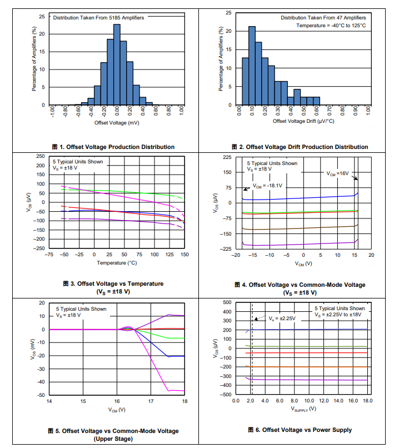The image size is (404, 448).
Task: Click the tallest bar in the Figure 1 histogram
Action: pyautogui.click(x=117, y=64)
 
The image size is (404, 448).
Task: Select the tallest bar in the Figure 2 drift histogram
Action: pyautogui.click(x=252, y=66)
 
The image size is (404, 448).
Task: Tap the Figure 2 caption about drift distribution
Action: pyautogui.click(x=303, y=147)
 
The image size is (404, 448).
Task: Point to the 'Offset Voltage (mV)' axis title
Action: pyautogui.click(x=117, y=122)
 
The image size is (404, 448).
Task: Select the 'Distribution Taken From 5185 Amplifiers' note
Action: pyautogui.click(x=98, y=18)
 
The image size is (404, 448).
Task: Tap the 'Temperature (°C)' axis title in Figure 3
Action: pyautogui.click(x=117, y=262)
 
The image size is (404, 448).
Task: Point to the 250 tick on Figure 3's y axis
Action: pyautogui.click(x=40, y=157)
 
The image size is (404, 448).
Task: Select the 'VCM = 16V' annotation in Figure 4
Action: pyautogui.click(x=337, y=173)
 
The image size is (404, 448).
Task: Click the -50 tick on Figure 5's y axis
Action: pyautogui.click(x=41, y=395)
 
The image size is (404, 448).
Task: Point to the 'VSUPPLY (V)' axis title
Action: pyautogui.click(x=303, y=409)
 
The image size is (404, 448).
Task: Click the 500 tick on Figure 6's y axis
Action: pyautogui.click(x=227, y=302)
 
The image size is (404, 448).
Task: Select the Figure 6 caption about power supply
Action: pyautogui.click(x=303, y=430)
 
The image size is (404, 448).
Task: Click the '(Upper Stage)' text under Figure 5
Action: pyautogui.click(x=117, y=439)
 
